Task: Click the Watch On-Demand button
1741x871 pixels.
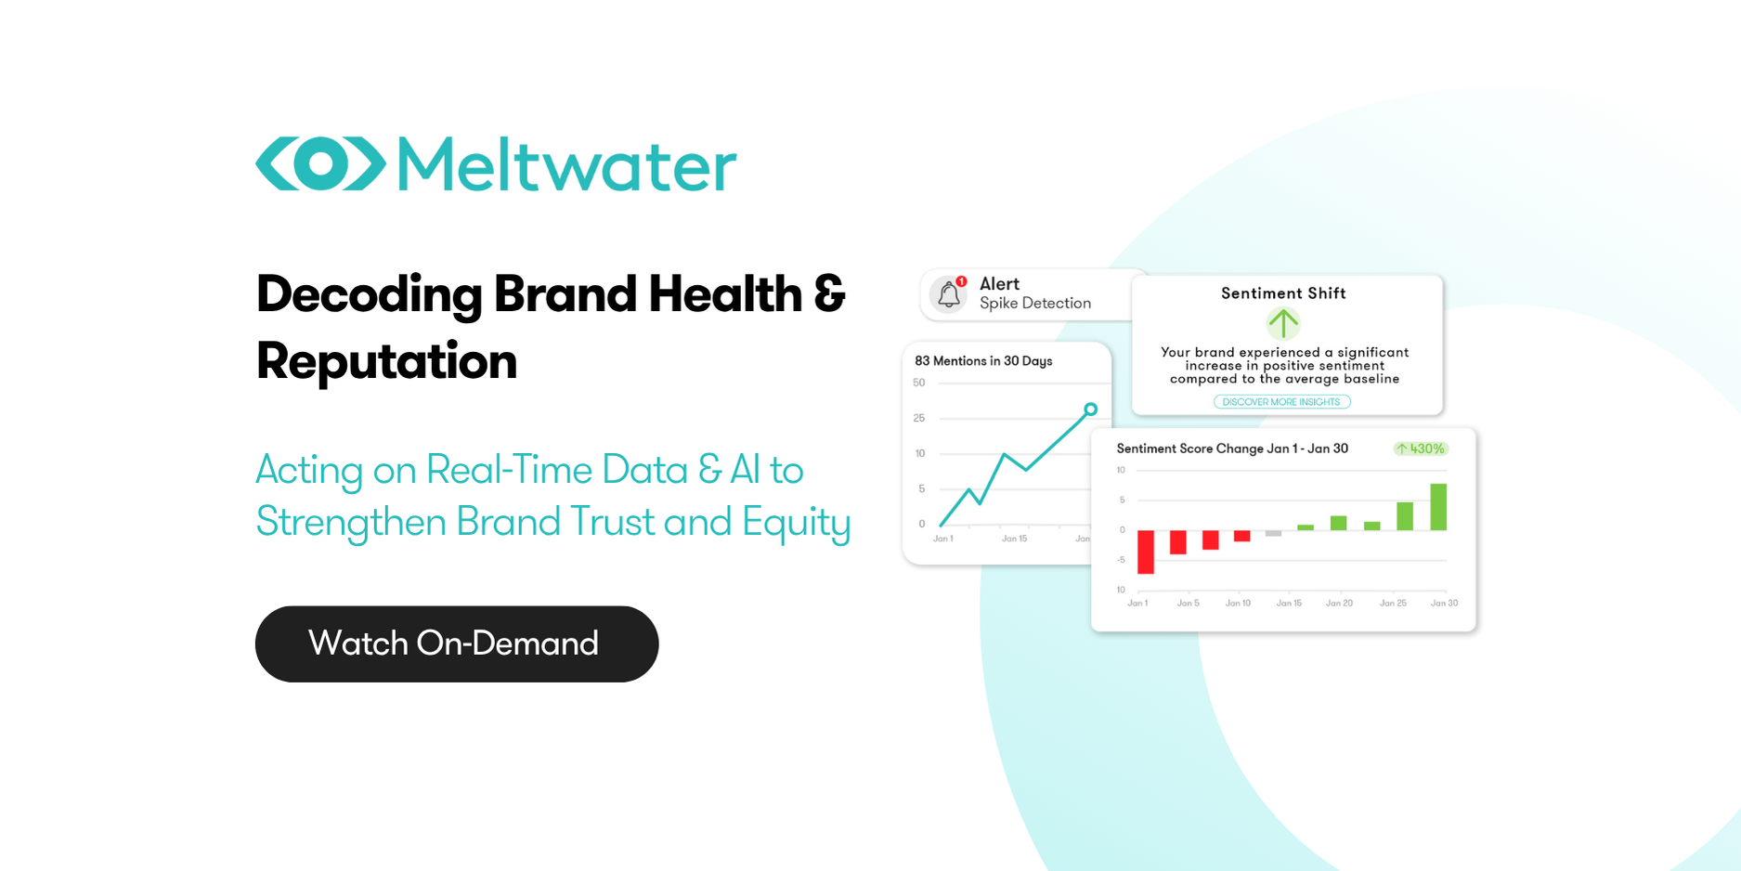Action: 456,643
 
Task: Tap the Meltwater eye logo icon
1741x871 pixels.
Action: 320,164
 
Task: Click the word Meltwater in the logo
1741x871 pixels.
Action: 566,165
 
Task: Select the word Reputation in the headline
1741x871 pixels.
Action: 386,360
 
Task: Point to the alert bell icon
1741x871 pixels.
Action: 948,294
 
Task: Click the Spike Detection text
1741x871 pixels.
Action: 1034,304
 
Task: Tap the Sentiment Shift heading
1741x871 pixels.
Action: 1282,293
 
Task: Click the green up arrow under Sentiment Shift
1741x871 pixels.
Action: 1282,323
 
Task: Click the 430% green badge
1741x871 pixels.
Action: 1421,448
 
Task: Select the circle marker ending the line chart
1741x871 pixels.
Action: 1091,409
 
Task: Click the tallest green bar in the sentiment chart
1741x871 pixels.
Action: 1438,507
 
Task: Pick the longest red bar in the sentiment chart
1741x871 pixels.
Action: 1146,552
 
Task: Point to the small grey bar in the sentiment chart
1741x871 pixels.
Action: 1273,534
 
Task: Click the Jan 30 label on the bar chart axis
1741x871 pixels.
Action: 1444,604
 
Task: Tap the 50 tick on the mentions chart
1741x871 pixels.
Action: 919,383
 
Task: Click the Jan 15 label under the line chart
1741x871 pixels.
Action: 1014,539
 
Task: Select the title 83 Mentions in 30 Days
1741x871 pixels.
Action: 983,361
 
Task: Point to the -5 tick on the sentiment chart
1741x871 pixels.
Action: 1121,560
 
